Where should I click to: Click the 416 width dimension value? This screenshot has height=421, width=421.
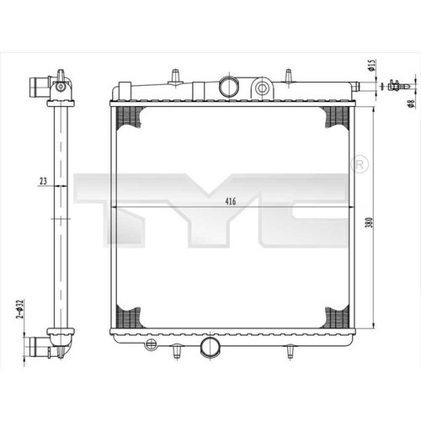click(231, 201)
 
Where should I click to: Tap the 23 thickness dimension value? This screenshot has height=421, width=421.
click(43, 181)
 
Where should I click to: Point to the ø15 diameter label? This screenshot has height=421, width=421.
click(371, 65)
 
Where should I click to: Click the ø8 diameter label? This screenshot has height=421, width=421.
click(412, 104)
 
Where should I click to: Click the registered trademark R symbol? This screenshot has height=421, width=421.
click(360, 164)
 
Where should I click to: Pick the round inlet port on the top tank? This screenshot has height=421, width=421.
click(229, 86)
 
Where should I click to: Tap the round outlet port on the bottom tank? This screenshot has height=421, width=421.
click(210, 347)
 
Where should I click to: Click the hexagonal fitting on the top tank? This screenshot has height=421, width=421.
click(262, 88)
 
